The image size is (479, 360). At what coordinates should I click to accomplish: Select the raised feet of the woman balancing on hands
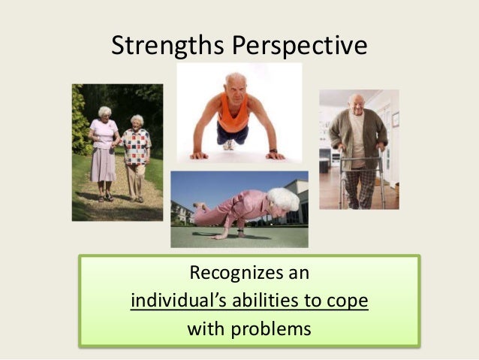(197, 204)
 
